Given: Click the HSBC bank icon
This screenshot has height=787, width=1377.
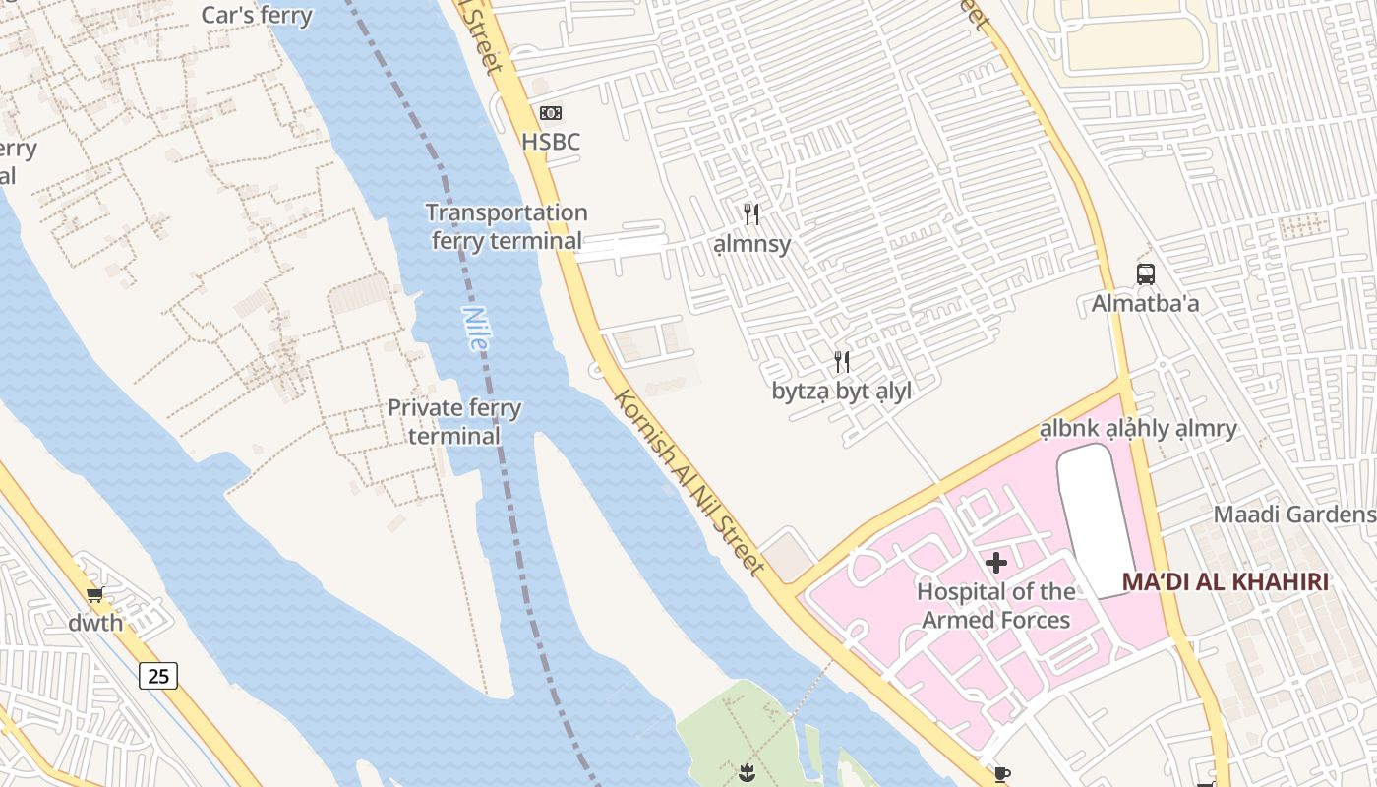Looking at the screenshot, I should pyautogui.click(x=551, y=113).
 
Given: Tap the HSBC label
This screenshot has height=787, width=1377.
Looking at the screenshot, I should pyautogui.click(x=551, y=142).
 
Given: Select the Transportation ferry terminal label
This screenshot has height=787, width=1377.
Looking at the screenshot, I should pyautogui.click(x=507, y=226).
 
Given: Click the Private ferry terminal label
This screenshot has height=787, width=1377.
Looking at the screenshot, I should pyautogui.click(x=454, y=421).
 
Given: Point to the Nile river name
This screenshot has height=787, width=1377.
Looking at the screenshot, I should pyautogui.click(x=474, y=329).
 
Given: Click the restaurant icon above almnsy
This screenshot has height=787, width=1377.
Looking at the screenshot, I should pyautogui.click(x=751, y=213).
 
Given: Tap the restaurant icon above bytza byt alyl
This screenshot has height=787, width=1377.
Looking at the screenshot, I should pyautogui.click(x=842, y=362).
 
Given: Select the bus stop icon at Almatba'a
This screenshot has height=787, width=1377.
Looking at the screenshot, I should pyautogui.click(x=1145, y=274).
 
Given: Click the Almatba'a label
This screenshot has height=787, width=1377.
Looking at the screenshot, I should pyautogui.click(x=1145, y=303).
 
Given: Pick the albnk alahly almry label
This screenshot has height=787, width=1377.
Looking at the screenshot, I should pyautogui.click(x=1139, y=429).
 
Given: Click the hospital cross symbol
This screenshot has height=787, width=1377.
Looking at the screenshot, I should pyautogui.click(x=996, y=563).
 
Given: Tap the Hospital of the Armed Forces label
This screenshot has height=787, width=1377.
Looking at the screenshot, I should pyautogui.click(x=996, y=605).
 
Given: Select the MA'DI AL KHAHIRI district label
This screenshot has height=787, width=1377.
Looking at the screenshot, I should pyautogui.click(x=1225, y=581).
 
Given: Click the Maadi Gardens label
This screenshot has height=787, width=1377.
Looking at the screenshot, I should pyautogui.click(x=1293, y=515).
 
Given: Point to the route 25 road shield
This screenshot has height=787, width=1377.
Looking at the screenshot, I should pyautogui.click(x=158, y=675).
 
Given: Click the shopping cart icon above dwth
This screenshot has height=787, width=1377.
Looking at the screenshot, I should pyautogui.click(x=95, y=594).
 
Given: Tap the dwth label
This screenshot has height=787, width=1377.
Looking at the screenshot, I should pyautogui.click(x=95, y=623).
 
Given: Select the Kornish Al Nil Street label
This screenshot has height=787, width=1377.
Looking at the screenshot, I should pyautogui.click(x=688, y=482).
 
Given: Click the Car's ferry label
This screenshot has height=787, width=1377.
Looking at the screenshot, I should pyautogui.click(x=257, y=15).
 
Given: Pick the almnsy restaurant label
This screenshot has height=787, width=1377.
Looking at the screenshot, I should pyautogui.click(x=751, y=243).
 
